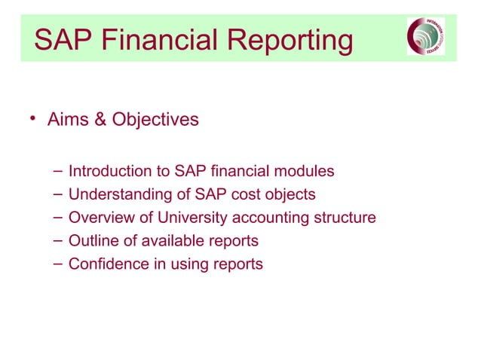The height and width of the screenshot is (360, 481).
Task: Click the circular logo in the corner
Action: (426, 37)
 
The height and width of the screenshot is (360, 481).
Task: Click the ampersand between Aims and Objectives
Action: (99, 120)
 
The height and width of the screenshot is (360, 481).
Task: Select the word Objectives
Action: (155, 120)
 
